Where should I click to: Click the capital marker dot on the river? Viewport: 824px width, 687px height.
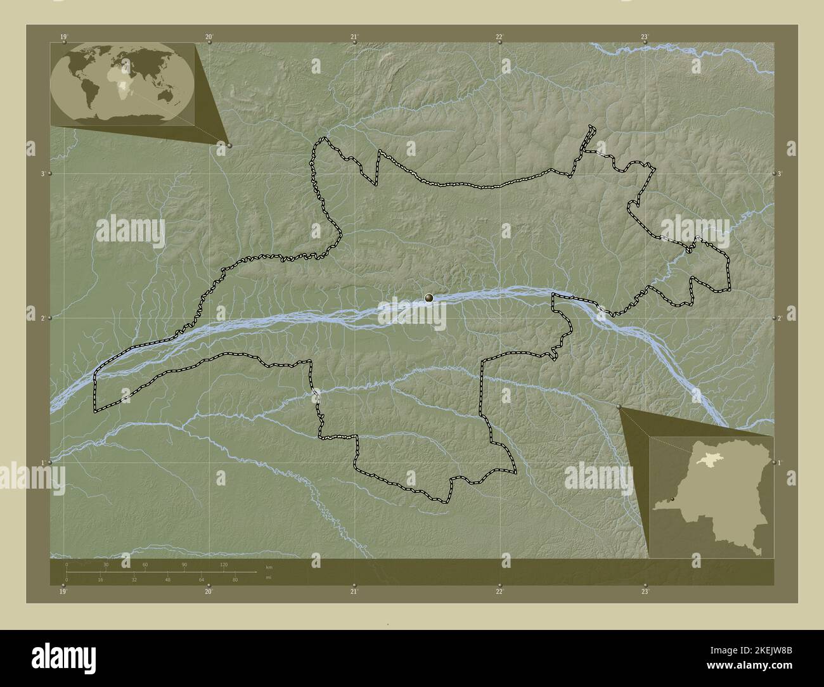429,297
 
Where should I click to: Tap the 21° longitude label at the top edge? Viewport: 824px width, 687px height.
354,37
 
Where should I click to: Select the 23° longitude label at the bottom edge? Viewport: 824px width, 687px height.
645,592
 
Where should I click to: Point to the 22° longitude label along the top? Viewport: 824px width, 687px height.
499,37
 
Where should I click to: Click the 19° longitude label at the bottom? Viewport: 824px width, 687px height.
63,592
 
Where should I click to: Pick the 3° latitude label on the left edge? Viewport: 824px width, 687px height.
42,173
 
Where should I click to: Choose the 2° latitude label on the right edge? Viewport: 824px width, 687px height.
780,318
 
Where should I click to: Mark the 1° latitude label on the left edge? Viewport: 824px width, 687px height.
42,463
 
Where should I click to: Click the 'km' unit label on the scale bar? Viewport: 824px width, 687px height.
269,567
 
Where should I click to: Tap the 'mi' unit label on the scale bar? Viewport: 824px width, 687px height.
269,578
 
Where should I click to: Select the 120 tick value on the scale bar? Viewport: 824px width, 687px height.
224,564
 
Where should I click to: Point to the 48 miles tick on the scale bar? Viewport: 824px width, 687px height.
168,579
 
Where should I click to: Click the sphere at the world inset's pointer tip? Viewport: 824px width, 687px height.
229,145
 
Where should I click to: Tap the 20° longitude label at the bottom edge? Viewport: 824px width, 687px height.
208,592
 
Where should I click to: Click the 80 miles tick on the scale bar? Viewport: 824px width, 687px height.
235,579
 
